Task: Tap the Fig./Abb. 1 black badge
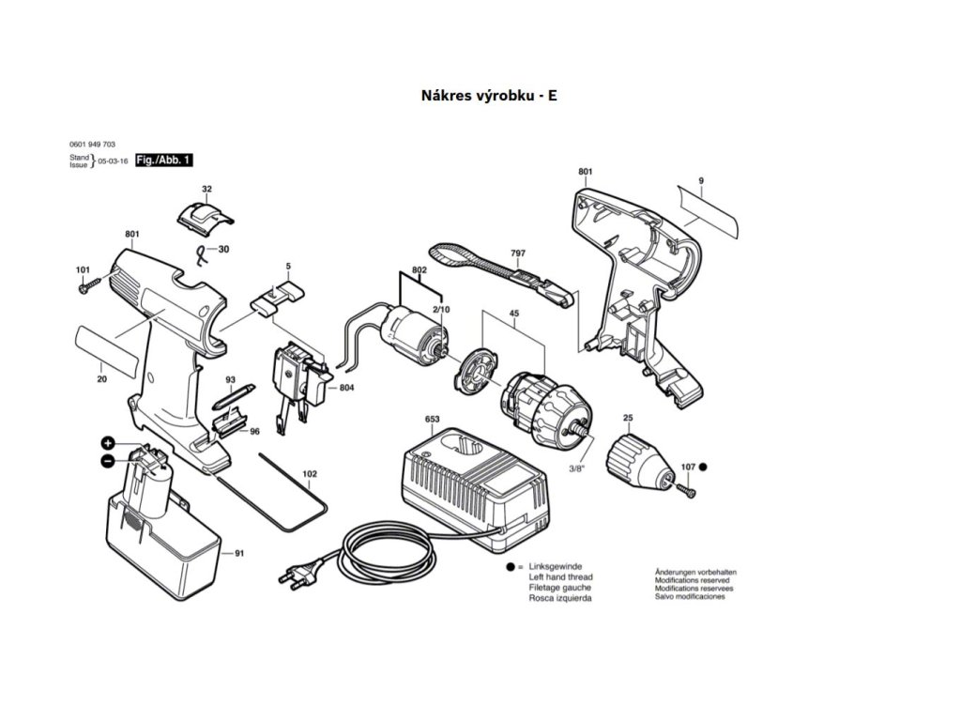click(164, 161)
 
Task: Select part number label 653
click(433, 418)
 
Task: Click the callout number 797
click(517, 253)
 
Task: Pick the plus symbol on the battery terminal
click(108, 442)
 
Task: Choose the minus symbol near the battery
click(108, 461)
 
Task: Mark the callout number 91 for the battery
click(239, 553)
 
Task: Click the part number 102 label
click(309, 474)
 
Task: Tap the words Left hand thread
click(560, 577)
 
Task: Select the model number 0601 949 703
click(92, 144)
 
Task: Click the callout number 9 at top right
click(700, 179)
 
